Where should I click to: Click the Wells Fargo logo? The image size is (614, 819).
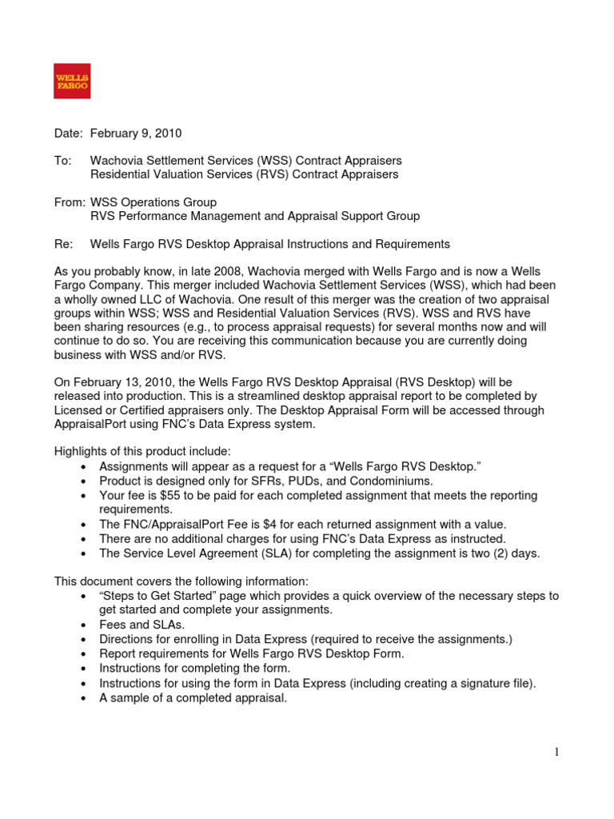pos(72,81)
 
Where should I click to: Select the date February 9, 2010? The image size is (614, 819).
pos(141,133)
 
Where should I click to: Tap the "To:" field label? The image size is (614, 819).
pos(62,161)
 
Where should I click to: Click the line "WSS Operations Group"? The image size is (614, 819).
pos(153,202)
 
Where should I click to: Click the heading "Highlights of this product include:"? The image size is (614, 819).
pos(142,452)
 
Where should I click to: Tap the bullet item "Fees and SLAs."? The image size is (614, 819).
pos(142,624)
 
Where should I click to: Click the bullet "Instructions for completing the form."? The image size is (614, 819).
pos(194,668)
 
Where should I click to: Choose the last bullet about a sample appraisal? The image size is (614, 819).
pos(193,697)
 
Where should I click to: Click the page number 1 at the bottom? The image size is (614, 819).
pos(556,752)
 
